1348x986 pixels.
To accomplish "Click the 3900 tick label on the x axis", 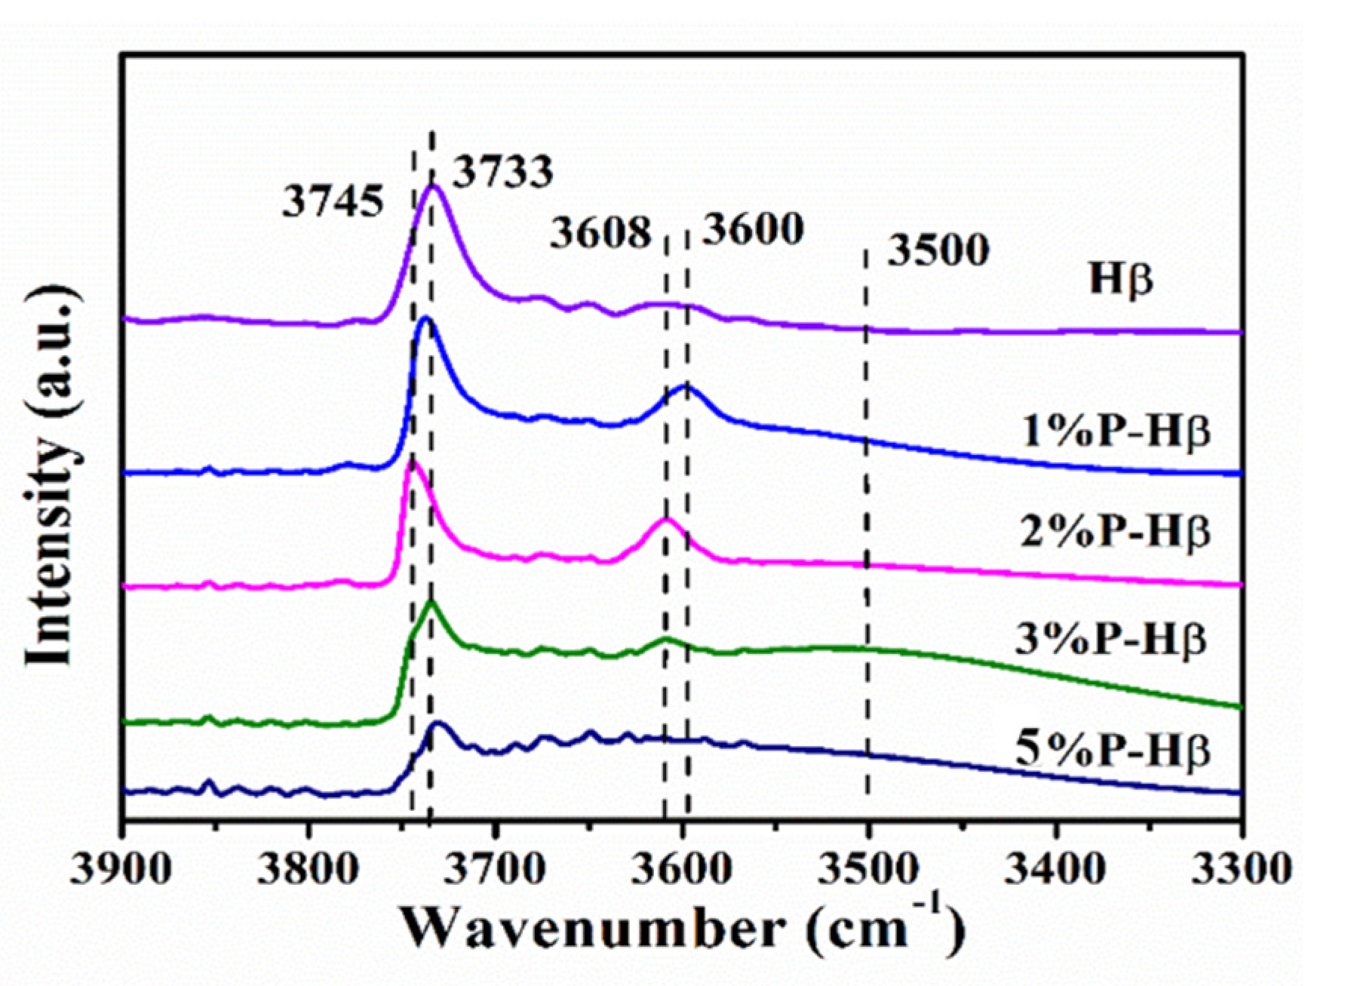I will point(121,870).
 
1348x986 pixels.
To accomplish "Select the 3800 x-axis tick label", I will point(308,870).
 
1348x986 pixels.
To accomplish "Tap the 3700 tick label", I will point(495,870).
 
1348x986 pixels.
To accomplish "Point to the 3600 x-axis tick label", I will point(683,870).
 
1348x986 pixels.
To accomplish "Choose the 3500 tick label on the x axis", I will point(869,870).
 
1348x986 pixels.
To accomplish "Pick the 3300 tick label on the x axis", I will point(1242,870).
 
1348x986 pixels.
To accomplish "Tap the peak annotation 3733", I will point(502,172).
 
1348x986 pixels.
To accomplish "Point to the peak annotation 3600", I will point(753,229).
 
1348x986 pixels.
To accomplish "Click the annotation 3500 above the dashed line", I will point(938,250).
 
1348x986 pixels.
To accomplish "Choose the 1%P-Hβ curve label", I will point(1116,433).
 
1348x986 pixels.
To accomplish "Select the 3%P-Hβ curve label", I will point(1110,640).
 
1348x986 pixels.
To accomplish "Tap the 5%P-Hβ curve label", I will point(1113,751).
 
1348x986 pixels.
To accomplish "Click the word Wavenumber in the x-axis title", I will point(592,930).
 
